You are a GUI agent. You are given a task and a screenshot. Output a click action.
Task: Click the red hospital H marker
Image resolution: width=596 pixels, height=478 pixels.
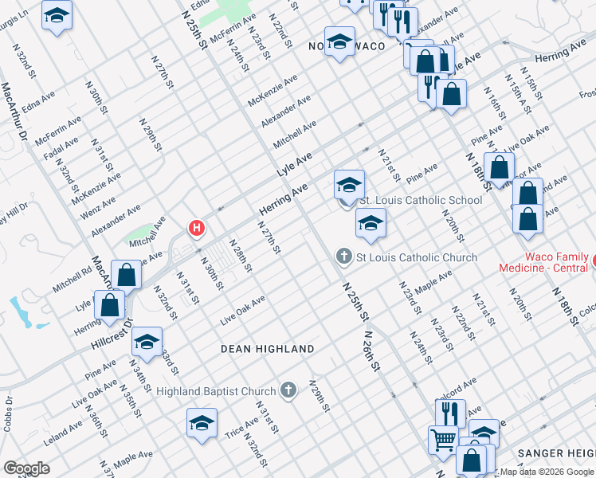click(196, 229)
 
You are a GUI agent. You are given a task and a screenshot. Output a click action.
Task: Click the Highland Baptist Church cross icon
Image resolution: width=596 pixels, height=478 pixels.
click(288, 390)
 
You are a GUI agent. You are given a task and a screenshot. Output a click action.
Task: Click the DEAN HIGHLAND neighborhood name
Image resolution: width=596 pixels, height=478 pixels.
click(268, 349)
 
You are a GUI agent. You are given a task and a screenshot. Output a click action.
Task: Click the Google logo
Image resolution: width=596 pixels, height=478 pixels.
click(26, 468)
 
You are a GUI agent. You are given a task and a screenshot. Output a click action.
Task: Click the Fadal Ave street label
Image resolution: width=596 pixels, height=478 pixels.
click(61, 148)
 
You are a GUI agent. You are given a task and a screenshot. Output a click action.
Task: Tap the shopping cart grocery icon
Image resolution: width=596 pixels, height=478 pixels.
click(443, 439)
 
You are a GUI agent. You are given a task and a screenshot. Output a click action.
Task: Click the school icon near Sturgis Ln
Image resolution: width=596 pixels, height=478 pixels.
click(57, 17)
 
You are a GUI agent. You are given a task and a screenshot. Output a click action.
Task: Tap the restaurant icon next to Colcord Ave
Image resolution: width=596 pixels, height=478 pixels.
click(450, 413)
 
